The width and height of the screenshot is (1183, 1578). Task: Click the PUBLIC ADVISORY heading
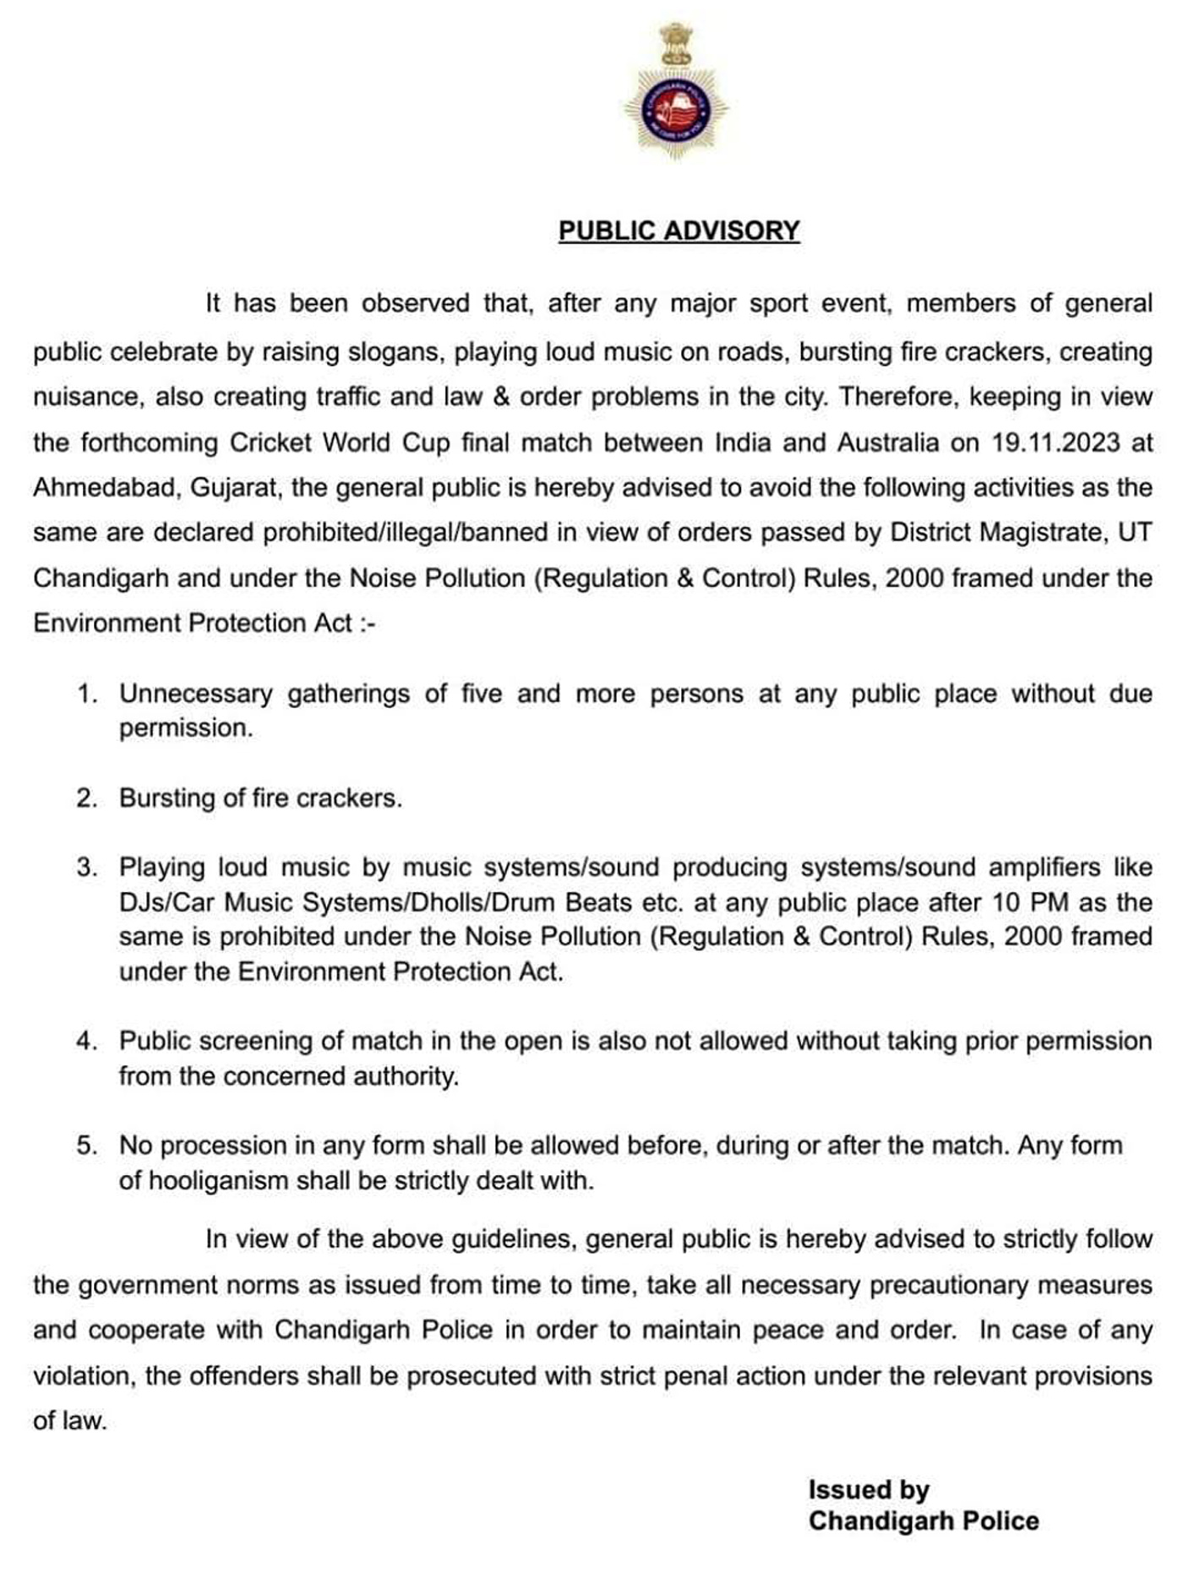pyautogui.click(x=679, y=231)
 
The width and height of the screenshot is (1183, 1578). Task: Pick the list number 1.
pyautogui.click(x=87, y=694)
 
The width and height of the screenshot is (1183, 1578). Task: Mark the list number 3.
pyautogui.click(x=87, y=868)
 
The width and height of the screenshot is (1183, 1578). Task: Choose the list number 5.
pyautogui.click(x=87, y=1145)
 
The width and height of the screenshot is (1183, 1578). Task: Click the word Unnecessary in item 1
pyautogui.click(x=195, y=694)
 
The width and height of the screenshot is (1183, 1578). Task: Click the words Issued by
pyautogui.click(x=869, y=1489)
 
